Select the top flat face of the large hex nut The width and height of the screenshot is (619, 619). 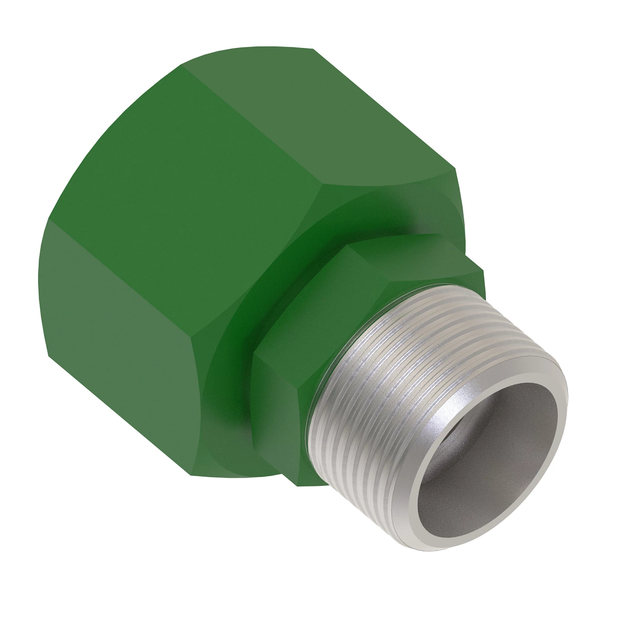pyautogui.click(x=320, y=119)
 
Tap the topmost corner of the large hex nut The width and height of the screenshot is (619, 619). pyautogui.click(x=314, y=48)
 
